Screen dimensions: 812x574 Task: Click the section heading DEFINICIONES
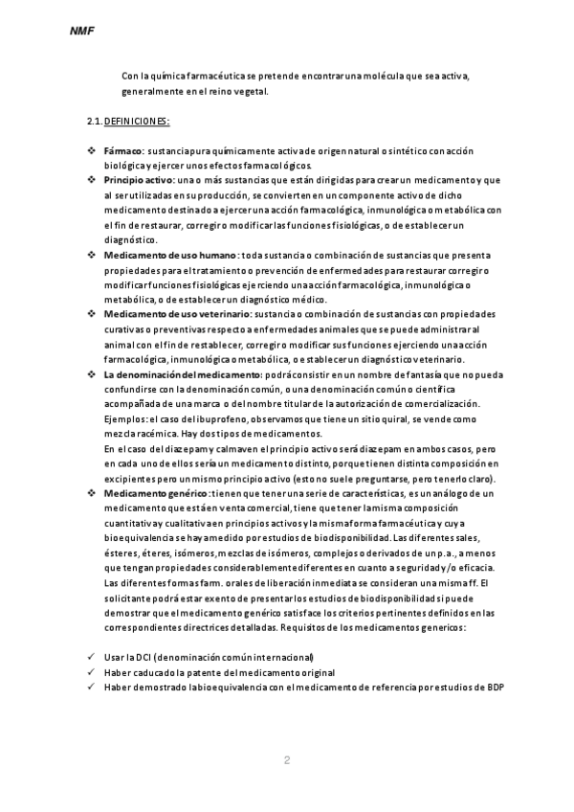pyautogui.click(x=137, y=122)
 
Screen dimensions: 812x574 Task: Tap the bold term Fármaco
pyautogui.click(x=122, y=151)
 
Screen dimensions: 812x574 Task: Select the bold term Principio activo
pyautogui.click(x=138, y=180)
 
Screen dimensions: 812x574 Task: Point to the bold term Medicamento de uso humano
pyautogui.click(x=169, y=255)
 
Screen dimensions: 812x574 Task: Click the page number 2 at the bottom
pyautogui.click(x=286, y=760)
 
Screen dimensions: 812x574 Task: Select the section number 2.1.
pyautogui.click(x=94, y=122)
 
